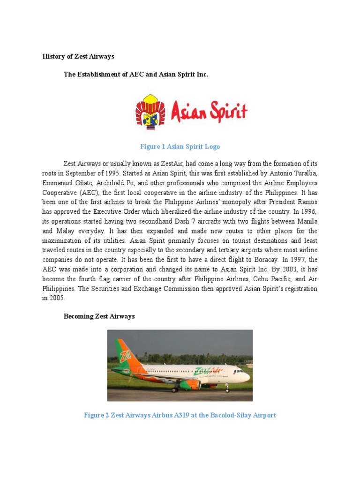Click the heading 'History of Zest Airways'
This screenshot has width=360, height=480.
[x=78, y=57]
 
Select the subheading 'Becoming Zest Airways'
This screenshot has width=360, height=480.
[x=99, y=316]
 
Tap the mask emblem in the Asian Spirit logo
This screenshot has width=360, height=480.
[x=150, y=111]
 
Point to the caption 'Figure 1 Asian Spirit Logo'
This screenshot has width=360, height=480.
[x=180, y=147]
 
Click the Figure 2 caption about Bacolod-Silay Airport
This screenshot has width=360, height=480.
[x=180, y=415]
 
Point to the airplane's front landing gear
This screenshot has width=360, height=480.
[x=228, y=388]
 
